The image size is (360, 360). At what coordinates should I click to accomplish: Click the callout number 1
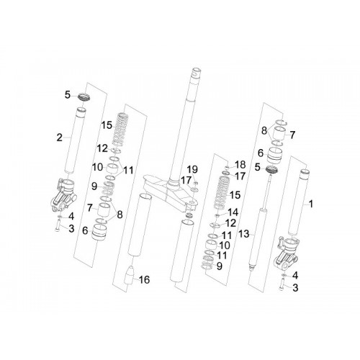pyautogui.click(x=311, y=204)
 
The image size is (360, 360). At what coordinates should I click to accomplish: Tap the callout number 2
pyautogui.click(x=59, y=138)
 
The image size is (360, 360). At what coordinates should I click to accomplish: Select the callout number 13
pyautogui.click(x=244, y=234)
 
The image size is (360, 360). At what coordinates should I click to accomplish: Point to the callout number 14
pyautogui.click(x=233, y=212)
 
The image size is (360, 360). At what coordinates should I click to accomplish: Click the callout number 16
pyautogui.click(x=144, y=279)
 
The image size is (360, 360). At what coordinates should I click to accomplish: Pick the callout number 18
pyautogui.click(x=240, y=165)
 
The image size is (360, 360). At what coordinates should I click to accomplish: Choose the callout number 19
pyautogui.click(x=192, y=169)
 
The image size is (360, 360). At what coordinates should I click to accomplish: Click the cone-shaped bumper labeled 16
pyautogui.click(x=129, y=275)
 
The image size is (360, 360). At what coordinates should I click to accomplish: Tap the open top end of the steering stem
pyautogui.click(x=197, y=71)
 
